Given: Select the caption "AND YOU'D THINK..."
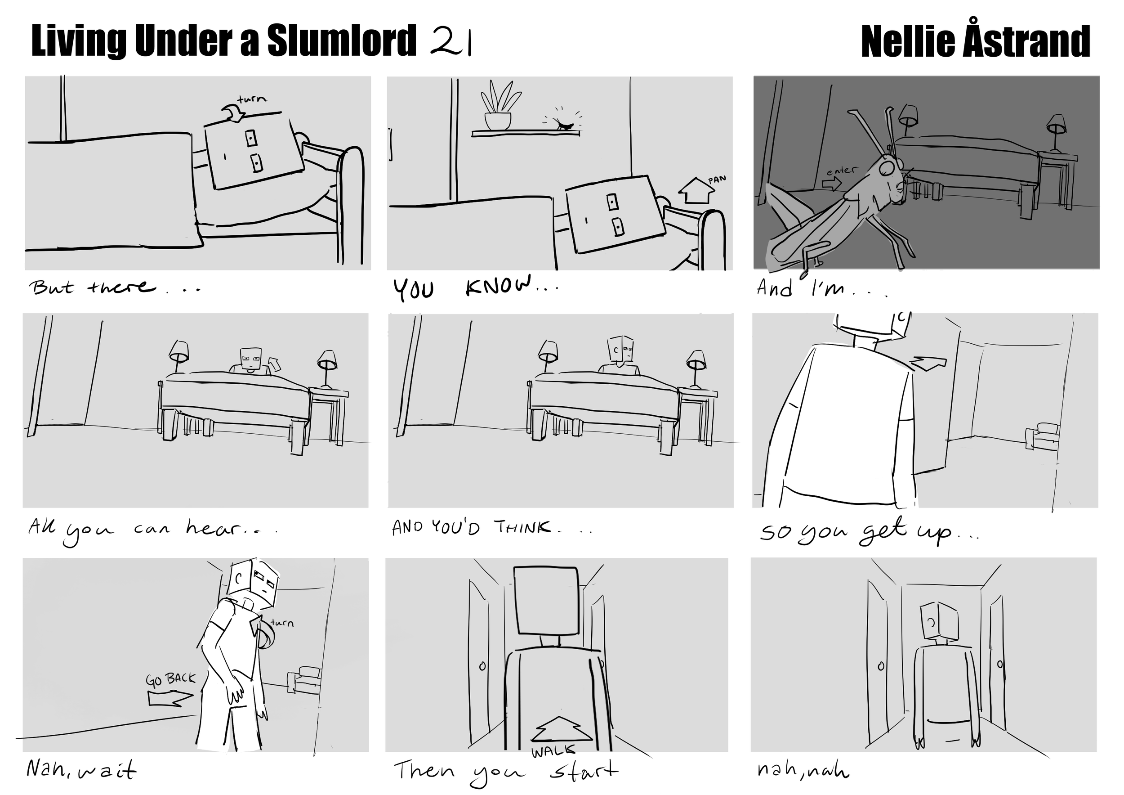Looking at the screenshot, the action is (x=491, y=528).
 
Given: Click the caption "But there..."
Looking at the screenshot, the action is (x=116, y=287).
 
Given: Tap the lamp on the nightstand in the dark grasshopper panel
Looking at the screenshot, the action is (x=1057, y=133).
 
